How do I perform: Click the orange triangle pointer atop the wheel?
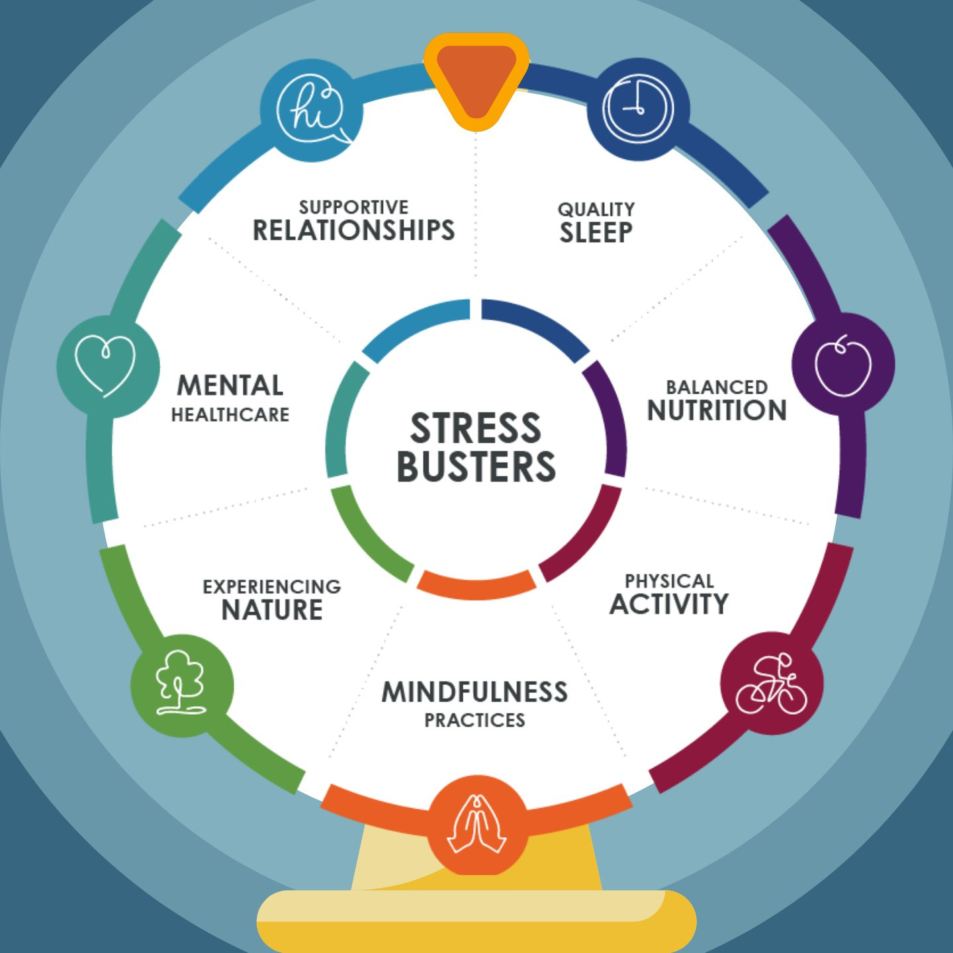point(476,79)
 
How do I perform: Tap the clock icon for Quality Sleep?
point(638,109)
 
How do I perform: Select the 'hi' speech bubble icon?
point(311,109)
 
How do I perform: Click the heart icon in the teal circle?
point(106,366)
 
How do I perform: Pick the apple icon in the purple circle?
point(843,366)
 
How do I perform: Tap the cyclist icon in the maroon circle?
point(772,684)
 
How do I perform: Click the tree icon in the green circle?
point(181,684)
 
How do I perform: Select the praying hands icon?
point(476,825)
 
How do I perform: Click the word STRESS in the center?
point(476,428)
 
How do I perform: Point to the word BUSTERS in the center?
point(476,467)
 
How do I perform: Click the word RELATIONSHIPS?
point(354,230)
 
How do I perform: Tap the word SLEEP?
point(596,233)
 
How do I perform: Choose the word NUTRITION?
point(717,410)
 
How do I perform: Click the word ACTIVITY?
point(669,604)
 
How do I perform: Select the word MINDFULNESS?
point(475,692)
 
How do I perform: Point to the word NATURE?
point(272,610)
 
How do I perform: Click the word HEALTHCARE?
point(230,415)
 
